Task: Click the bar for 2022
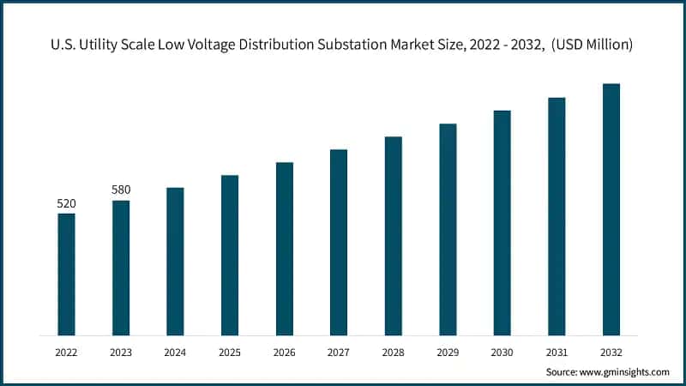[66, 274]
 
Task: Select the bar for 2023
[121, 268]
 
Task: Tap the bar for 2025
[230, 255]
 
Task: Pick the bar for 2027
[339, 242]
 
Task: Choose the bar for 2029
[448, 229]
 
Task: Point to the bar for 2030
[502, 222]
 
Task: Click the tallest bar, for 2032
[611, 209]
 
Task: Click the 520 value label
[66, 203]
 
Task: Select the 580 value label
[121, 190]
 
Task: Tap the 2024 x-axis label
[175, 352]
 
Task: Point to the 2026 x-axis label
[284, 352]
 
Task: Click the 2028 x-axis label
[393, 352]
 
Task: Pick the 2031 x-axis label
[557, 352]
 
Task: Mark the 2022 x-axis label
[66, 352]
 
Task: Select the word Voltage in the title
[231, 45]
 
